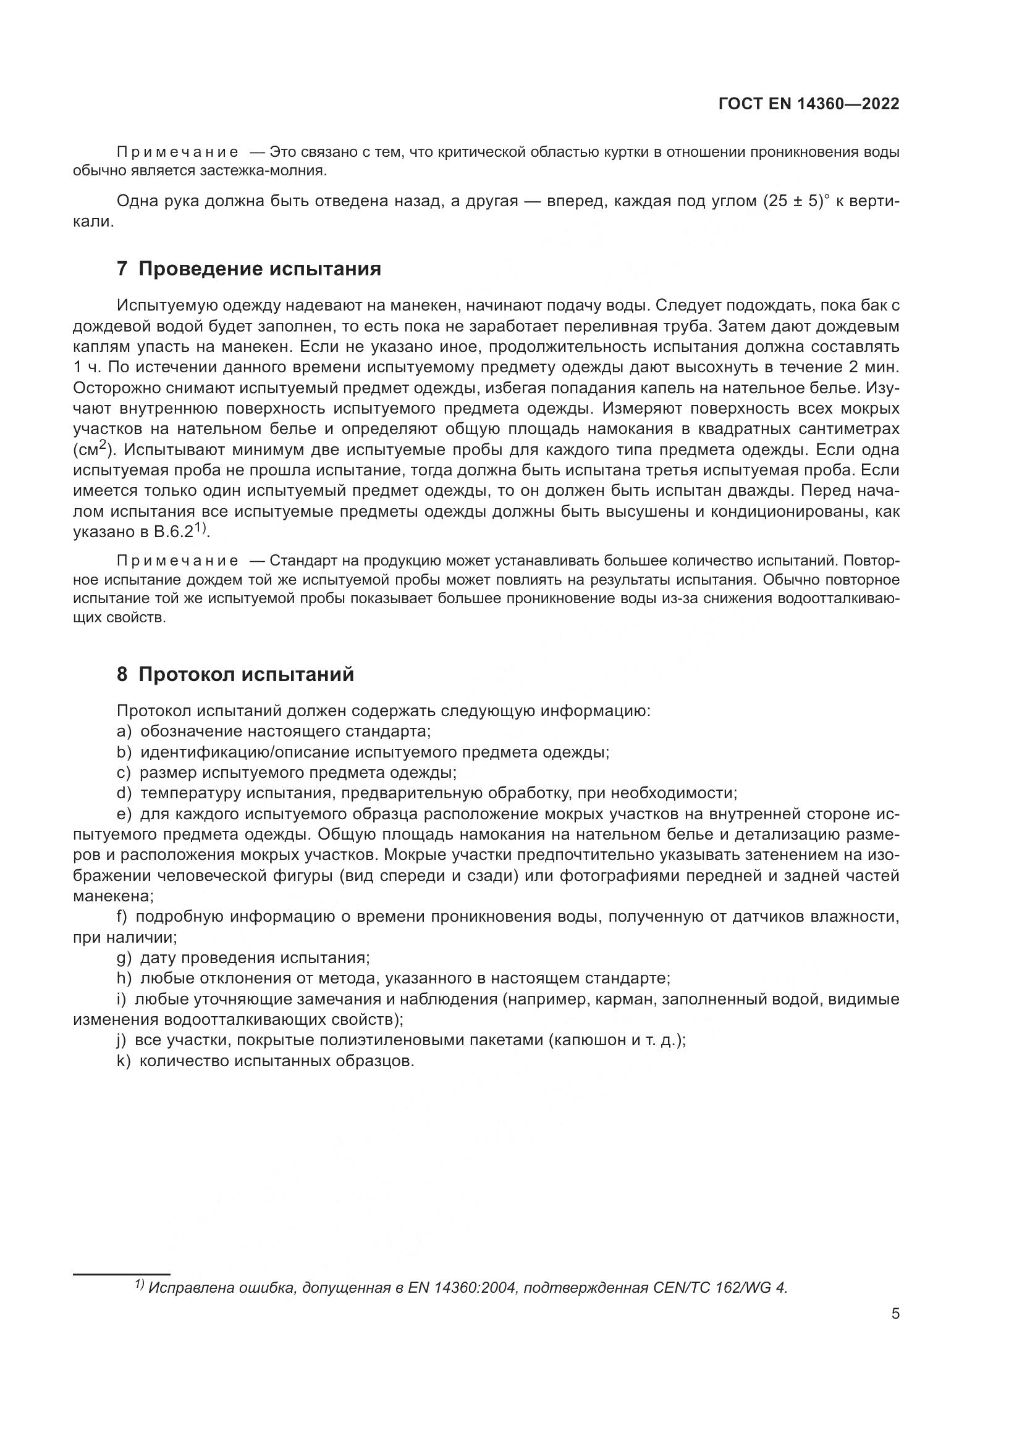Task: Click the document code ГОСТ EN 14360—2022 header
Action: coord(808,104)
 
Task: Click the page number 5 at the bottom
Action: coord(895,1314)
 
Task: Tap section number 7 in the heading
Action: coord(122,269)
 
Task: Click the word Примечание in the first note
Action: coord(177,152)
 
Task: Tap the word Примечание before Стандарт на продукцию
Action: coord(177,561)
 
